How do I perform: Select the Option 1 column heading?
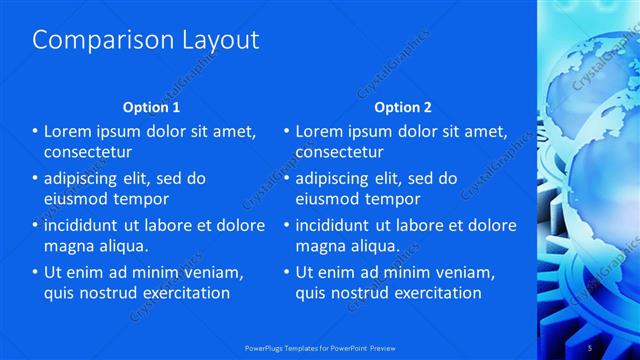(151, 107)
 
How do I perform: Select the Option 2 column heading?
(403, 107)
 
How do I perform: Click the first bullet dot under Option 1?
(35, 131)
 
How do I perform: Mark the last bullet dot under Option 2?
(287, 272)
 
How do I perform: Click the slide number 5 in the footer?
(590, 347)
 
